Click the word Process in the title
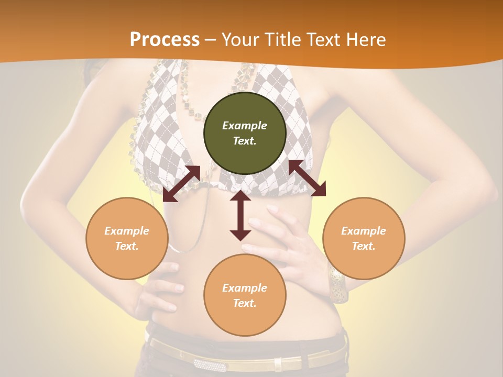point(165,40)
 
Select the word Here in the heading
point(366,40)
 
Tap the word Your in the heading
point(240,40)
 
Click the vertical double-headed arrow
point(240,216)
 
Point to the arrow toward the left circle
point(181,184)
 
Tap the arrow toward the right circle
point(307,178)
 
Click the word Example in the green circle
point(245,126)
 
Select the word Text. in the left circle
point(127,246)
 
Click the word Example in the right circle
point(364,231)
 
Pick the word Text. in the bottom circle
point(245,303)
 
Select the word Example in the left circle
point(127,231)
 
